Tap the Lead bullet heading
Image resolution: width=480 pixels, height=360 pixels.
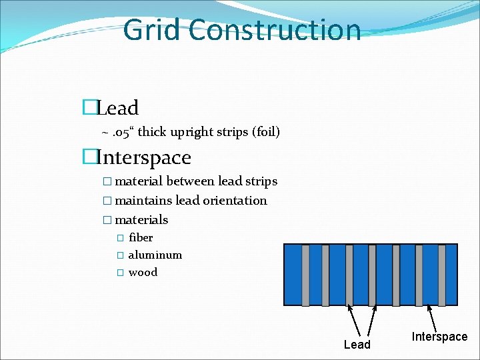[x=117, y=108]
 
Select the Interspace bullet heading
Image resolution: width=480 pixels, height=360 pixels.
[x=143, y=158]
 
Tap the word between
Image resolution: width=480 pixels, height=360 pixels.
[x=186, y=181]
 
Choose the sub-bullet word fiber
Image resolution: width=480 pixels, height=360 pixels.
[x=141, y=237]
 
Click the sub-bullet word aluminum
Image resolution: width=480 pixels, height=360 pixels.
[x=155, y=255]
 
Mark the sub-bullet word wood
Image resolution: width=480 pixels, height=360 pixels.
[x=143, y=272]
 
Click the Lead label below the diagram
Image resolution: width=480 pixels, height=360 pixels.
[x=357, y=345]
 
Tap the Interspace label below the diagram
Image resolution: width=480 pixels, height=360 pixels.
[x=439, y=337]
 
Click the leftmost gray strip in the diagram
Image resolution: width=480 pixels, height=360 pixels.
[x=305, y=275]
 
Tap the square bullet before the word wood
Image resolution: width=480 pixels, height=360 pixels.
[x=120, y=273]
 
